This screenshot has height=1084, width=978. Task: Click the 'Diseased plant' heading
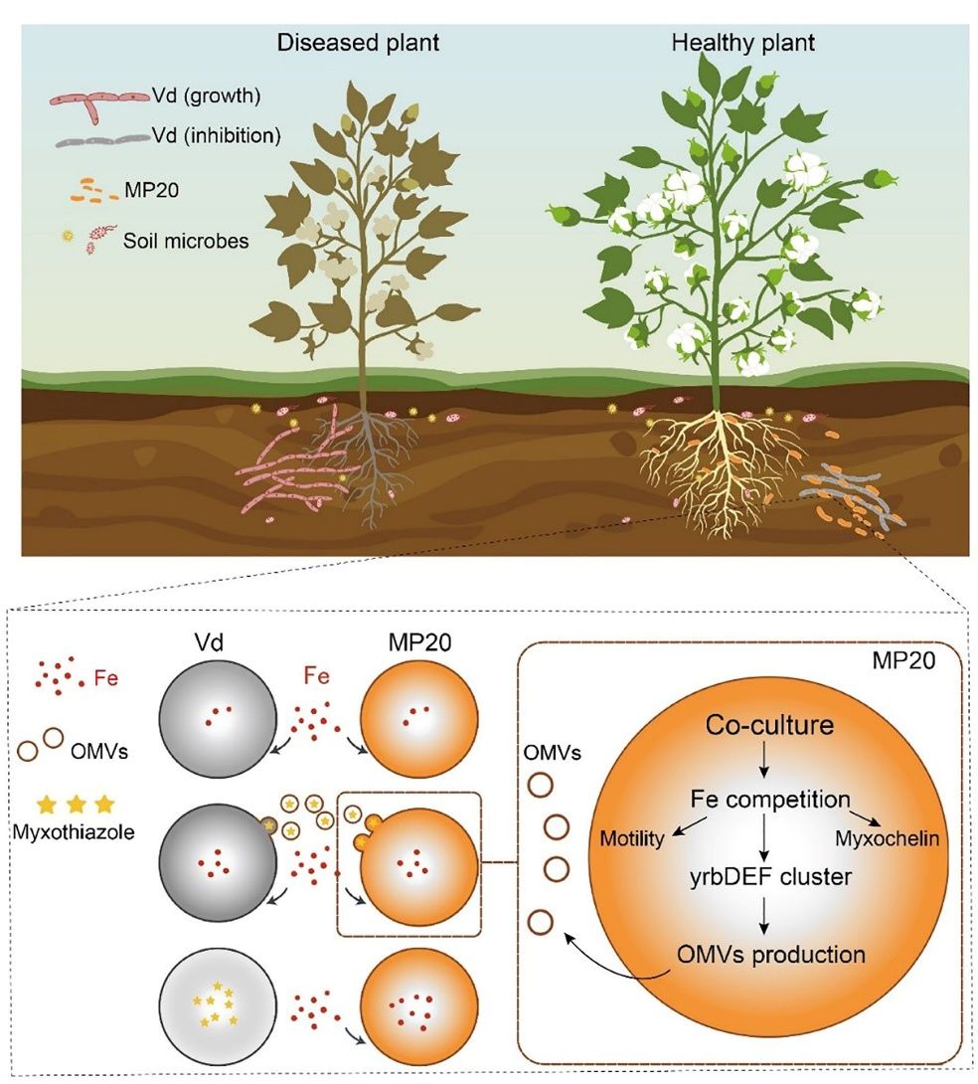[358, 43]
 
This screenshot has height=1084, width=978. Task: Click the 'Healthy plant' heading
[742, 43]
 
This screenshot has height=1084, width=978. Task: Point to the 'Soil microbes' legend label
[186, 240]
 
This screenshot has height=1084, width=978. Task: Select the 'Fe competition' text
[770, 799]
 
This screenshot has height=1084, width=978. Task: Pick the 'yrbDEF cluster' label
[764, 878]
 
